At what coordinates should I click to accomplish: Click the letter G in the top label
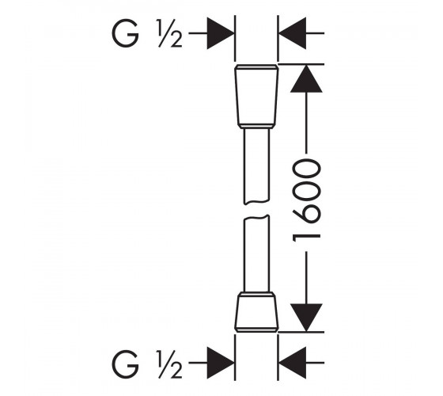[126, 33]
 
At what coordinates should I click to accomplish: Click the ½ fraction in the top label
[169, 33]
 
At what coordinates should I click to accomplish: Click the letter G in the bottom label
[126, 364]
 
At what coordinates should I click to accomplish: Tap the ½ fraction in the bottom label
[169, 364]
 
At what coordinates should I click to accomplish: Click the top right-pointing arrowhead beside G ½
[221, 33]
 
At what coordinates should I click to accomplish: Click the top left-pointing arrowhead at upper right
[293, 33]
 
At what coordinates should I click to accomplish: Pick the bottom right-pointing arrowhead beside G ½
[221, 363]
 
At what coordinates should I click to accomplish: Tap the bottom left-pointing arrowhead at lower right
[293, 363]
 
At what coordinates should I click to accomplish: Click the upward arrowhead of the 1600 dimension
[306, 78]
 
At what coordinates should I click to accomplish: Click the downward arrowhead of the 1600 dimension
[306, 318]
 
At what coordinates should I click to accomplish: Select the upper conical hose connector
[256, 97]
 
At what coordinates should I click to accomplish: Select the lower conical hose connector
[256, 312]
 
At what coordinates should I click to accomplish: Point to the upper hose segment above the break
[256, 166]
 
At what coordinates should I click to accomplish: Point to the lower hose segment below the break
[256, 253]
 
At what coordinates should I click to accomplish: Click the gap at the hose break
[256, 210]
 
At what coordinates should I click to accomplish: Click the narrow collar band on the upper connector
[256, 127]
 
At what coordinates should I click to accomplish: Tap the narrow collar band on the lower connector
[256, 294]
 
